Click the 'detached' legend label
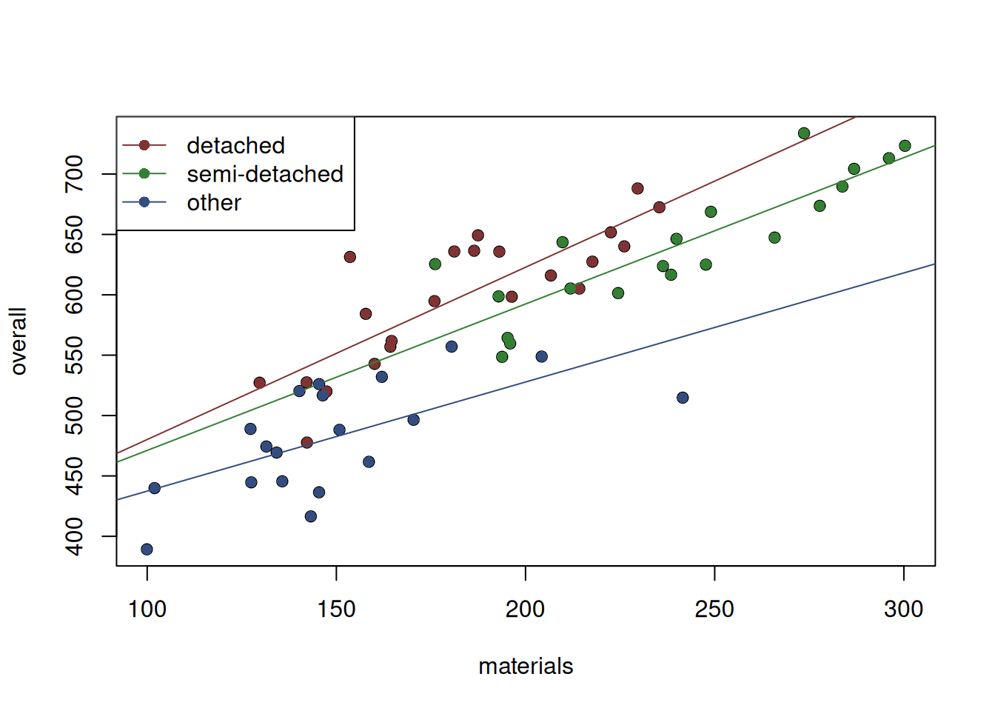pos(235,145)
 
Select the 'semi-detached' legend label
pos(264,174)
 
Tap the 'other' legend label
pos(213,203)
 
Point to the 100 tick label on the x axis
pos(147,610)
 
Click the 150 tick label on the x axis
pos(336,610)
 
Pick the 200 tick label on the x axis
pos(526,610)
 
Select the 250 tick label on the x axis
pos(714,610)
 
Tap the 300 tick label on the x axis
pos(903,610)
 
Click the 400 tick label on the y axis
pos(75,536)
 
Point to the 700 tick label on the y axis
pos(75,174)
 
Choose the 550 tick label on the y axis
pos(75,355)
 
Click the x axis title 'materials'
pos(526,667)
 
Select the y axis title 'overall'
pos(19,341)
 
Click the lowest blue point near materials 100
pos(147,550)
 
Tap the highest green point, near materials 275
pos(804,133)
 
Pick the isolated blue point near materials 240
pos(683,398)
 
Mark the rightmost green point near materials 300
pos(905,146)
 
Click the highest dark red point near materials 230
pos(637,189)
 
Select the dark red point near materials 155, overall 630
pos(350,257)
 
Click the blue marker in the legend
pos(144,202)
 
